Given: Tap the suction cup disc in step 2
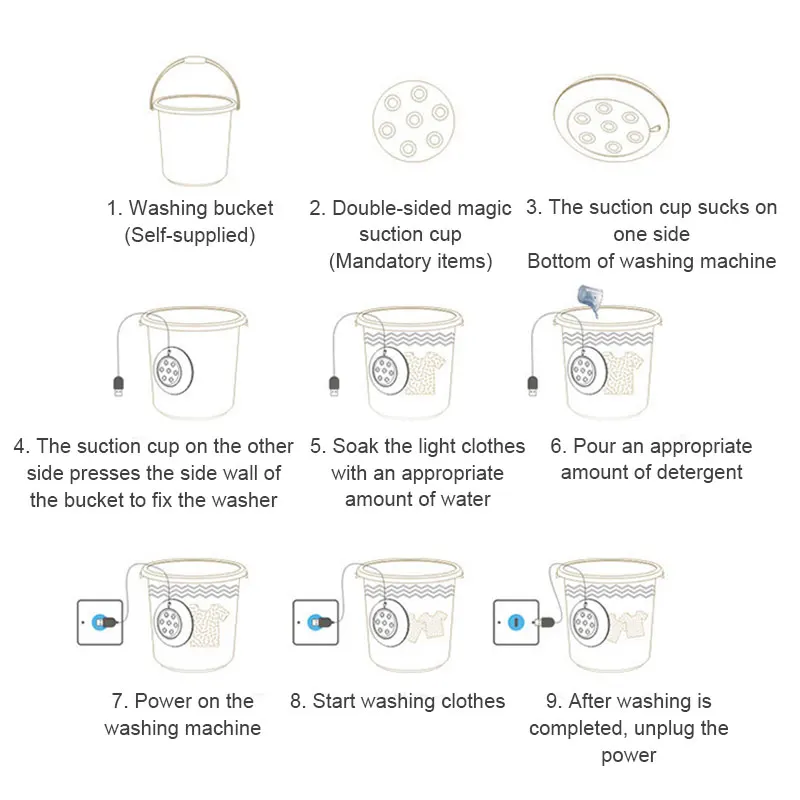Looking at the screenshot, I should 412,120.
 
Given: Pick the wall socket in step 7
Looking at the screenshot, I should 100,621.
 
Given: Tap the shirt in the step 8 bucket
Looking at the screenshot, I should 432,625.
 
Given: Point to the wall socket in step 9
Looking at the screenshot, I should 516,621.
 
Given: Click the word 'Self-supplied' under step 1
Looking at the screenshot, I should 190,236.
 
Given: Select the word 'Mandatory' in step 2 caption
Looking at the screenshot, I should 381,261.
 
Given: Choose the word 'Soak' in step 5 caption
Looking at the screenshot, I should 352,446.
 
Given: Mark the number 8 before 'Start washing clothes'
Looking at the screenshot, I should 297,701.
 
